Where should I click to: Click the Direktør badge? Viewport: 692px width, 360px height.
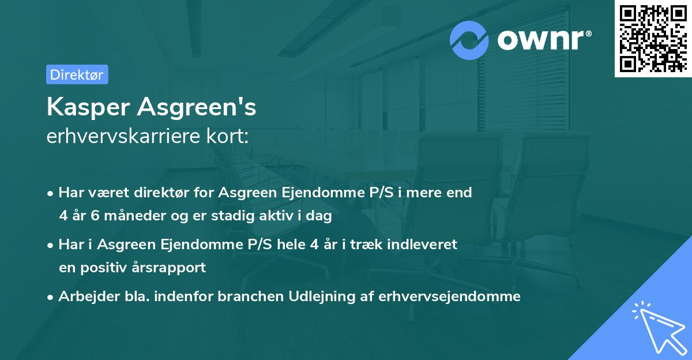pyautogui.click(x=77, y=74)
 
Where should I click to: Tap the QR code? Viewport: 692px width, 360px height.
pyautogui.click(x=653, y=38)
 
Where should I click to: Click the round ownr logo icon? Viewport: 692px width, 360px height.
pyautogui.click(x=469, y=40)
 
